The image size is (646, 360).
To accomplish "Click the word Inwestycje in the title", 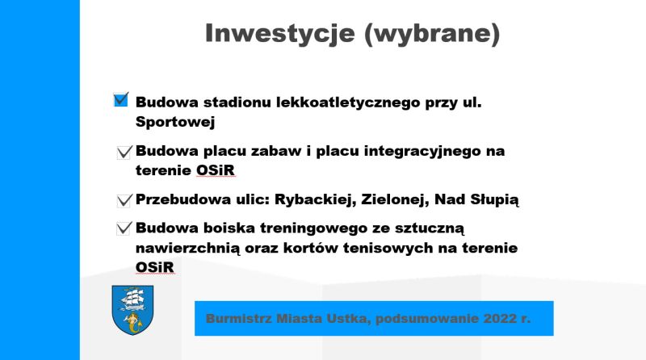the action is click(x=279, y=34).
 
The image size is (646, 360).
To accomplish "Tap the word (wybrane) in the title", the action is click(x=432, y=34).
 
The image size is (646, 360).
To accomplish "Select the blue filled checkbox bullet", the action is click(x=121, y=99).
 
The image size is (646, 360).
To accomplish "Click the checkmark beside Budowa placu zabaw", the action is click(x=124, y=152).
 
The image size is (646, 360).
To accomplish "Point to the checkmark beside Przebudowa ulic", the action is click(x=124, y=201).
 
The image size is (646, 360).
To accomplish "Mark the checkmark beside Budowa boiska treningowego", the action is click(x=124, y=228).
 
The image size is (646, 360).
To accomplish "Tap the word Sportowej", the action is click(x=175, y=122).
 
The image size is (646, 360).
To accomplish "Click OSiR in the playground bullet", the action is click(x=216, y=170).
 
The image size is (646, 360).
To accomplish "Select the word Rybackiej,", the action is click(x=315, y=199).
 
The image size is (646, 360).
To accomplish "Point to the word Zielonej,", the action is click(x=395, y=199).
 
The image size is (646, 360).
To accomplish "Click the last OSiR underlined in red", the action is click(x=155, y=267).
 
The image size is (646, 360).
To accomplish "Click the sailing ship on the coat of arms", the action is click(x=132, y=299).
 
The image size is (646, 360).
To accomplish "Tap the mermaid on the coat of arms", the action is click(x=133, y=323).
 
